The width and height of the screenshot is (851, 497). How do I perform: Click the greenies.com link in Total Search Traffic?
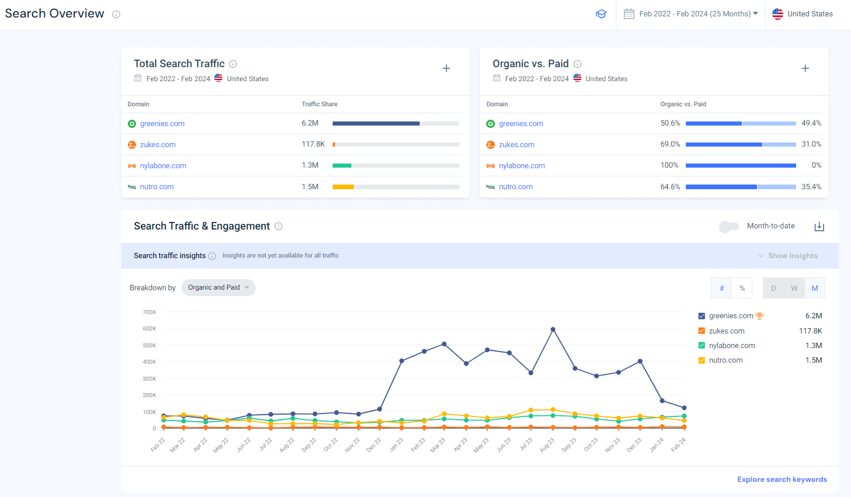click(162, 124)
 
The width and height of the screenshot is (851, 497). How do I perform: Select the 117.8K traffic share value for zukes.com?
click(313, 144)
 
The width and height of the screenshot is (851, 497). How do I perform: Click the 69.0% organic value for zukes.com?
click(670, 144)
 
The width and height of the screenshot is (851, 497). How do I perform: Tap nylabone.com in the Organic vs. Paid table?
click(521, 166)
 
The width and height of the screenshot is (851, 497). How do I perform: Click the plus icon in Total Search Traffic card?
click(446, 68)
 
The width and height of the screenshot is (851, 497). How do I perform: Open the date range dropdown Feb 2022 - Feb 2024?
click(695, 14)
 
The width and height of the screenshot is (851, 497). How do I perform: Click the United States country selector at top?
click(803, 14)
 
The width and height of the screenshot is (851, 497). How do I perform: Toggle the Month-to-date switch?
click(728, 227)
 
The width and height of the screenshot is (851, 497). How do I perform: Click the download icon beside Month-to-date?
click(819, 227)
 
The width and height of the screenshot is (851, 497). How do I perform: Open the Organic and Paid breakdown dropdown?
click(218, 288)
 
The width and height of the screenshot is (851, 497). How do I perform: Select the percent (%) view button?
click(742, 289)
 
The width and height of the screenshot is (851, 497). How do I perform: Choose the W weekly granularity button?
click(794, 289)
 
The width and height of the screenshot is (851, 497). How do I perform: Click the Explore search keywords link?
click(782, 479)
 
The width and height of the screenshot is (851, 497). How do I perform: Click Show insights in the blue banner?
click(792, 256)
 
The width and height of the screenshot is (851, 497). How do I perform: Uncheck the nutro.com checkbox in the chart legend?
click(702, 360)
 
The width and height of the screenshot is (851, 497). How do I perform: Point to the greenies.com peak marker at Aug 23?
click(553, 329)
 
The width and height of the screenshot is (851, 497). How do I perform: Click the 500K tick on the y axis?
click(149, 346)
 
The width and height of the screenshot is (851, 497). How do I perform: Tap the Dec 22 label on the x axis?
click(374, 445)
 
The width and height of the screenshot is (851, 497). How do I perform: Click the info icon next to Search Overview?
click(116, 15)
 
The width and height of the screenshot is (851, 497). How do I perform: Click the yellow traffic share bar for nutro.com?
click(343, 187)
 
